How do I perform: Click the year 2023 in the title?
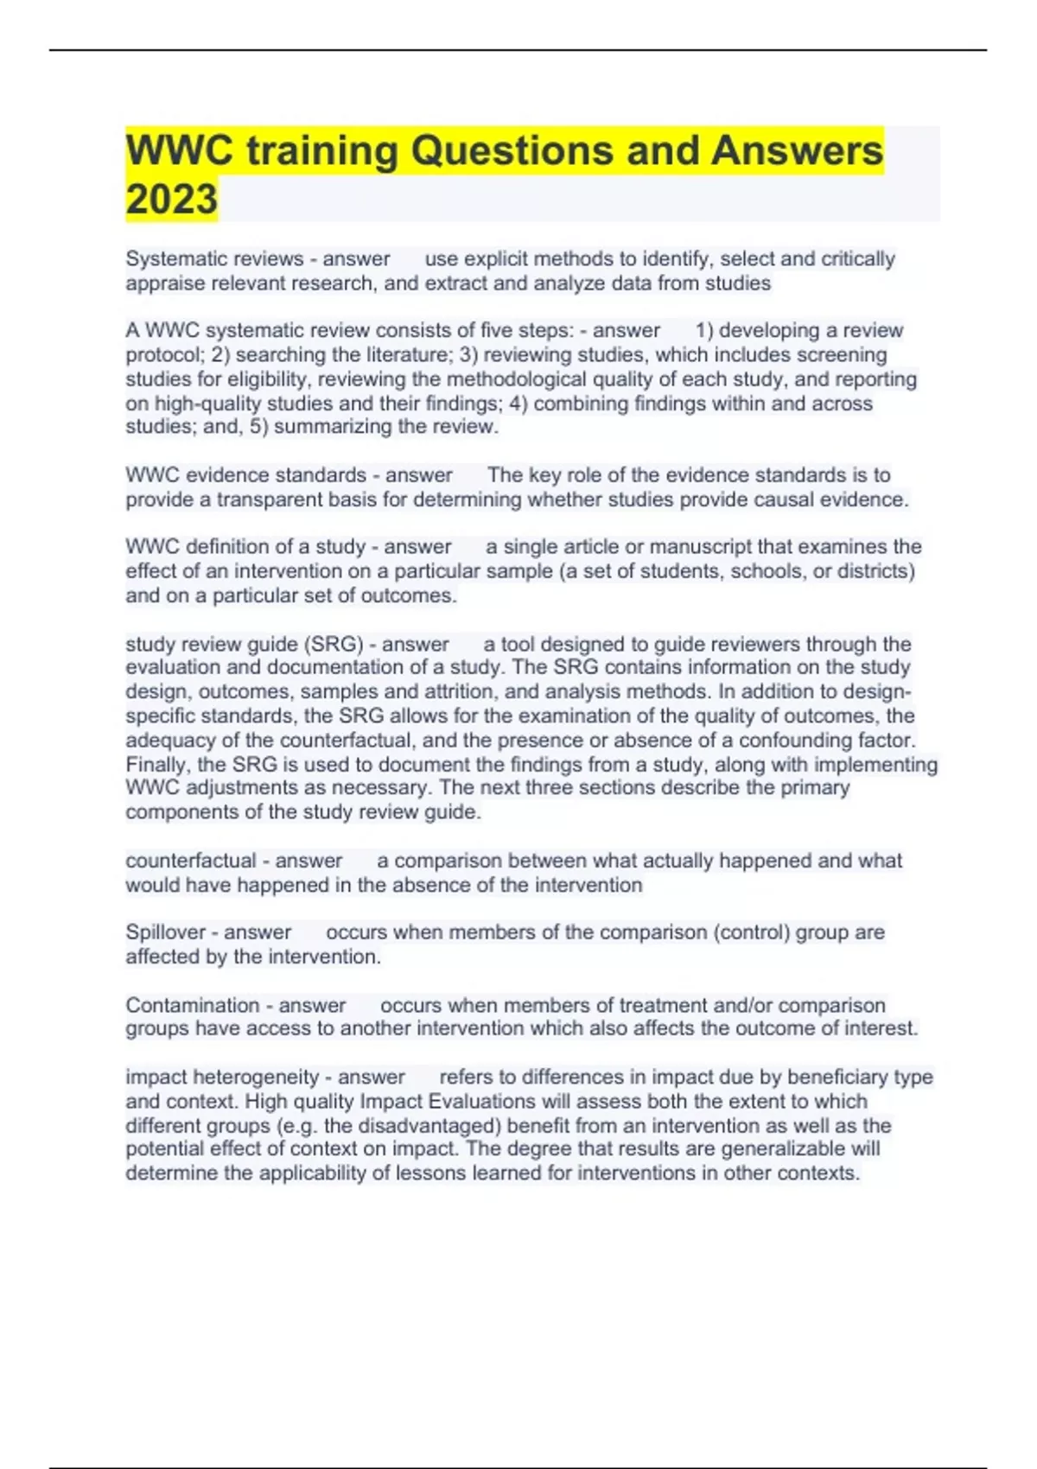point(171,199)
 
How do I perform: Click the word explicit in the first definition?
point(496,258)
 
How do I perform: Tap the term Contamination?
point(192,1005)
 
